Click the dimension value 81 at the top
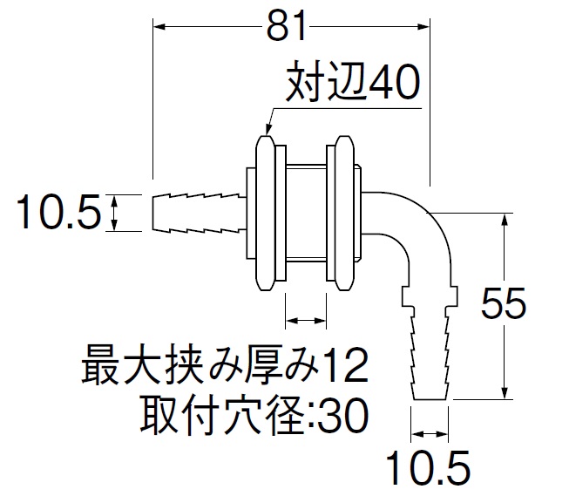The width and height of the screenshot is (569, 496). [x=289, y=29]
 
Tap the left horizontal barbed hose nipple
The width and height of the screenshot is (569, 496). [x=199, y=213]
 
